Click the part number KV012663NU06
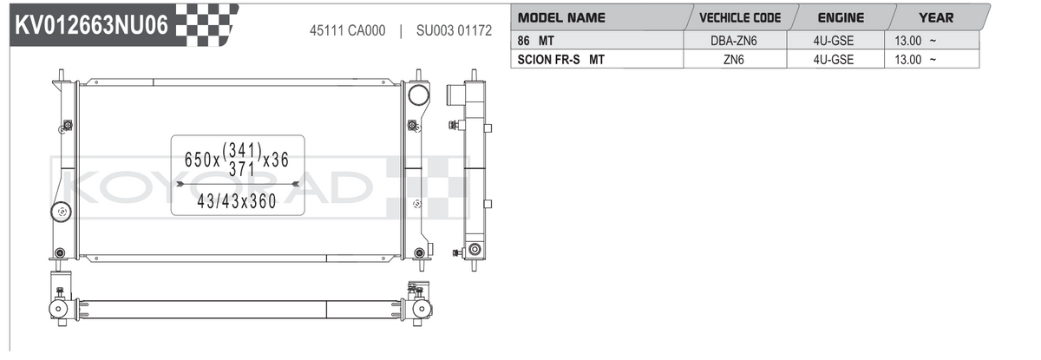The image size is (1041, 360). pos(91,24)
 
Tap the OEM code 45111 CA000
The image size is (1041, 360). pos(348,30)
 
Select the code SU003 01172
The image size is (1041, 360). pos(454,30)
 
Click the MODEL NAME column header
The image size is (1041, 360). pos(561,17)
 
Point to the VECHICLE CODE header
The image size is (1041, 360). pos(740,17)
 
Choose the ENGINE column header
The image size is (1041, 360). pos(841,17)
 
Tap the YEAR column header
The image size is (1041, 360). pos(936,17)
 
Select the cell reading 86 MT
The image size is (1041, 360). pos(535,41)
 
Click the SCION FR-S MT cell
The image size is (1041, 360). pos(561,60)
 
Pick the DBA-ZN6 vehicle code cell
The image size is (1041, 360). pos(734,41)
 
